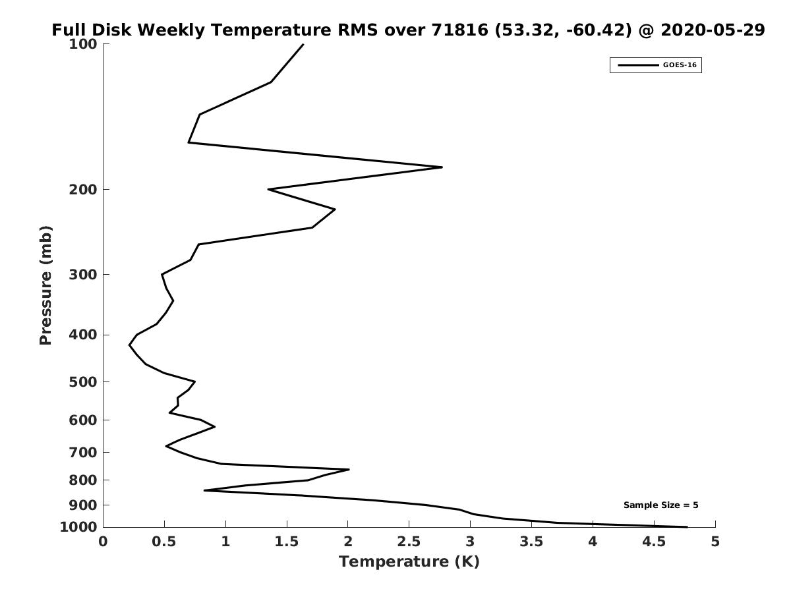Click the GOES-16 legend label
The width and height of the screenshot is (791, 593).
click(x=680, y=65)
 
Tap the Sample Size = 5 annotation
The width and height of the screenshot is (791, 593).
click(x=660, y=505)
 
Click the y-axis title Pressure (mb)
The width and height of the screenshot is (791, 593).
click(x=45, y=285)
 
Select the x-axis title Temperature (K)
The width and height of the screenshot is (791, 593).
click(x=409, y=561)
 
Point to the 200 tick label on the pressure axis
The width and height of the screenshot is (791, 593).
click(x=83, y=189)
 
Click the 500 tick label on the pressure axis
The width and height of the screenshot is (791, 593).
click(x=83, y=381)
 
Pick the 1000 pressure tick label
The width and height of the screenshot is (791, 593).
click(x=78, y=527)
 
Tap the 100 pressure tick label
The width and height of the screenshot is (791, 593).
click(x=83, y=44)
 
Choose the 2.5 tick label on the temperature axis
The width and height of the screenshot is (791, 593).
click(x=409, y=542)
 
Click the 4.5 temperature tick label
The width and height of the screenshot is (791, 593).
click(x=654, y=542)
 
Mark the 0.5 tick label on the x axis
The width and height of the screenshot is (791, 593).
click(x=164, y=542)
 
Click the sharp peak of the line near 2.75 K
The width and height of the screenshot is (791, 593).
click(x=442, y=167)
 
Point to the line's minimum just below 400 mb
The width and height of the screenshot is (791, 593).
click(x=129, y=345)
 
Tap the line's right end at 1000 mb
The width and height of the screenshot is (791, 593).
click(x=687, y=526)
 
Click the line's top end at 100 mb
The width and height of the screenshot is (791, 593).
click(x=303, y=44)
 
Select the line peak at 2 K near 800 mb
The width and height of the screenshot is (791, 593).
click(x=349, y=469)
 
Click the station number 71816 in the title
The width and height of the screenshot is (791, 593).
click(x=459, y=30)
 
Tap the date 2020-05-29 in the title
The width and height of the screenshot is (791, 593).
click(x=713, y=30)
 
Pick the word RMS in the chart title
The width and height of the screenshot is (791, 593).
click(x=358, y=30)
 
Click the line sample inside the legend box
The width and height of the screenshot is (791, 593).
click(x=638, y=65)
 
